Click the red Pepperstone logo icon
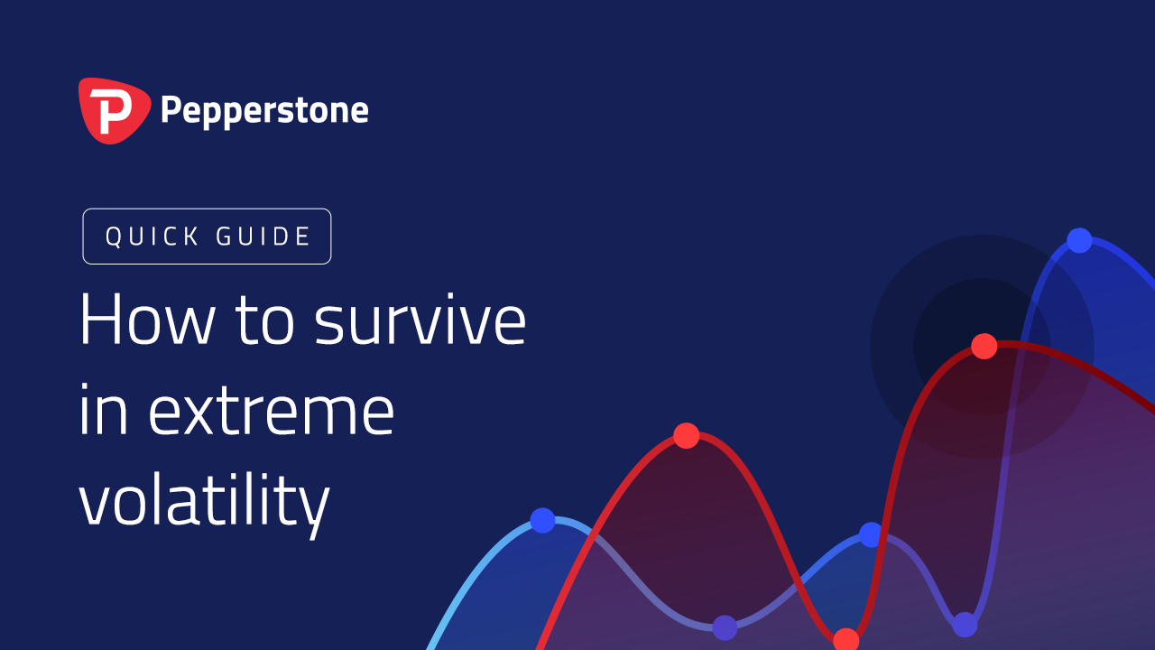(x=115, y=110)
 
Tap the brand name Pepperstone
(x=264, y=111)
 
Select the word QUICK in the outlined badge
(x=152, y=237)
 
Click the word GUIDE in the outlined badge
(x=263, y=237)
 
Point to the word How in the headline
(x=147, y=319)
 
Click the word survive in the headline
(x=420, y=319)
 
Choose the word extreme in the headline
(x=272, y=411)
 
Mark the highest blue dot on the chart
(x=1079, y=240)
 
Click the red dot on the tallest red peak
(x=984, y=346)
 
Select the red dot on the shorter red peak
(x=687, y=435)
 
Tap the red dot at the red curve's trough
(x=846, y=639)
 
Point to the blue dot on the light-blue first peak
(x=542, y=520)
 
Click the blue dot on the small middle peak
(x=871, y=534)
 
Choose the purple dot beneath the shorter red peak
(x=725, y=627)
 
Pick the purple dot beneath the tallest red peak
(x=965, y=625)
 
